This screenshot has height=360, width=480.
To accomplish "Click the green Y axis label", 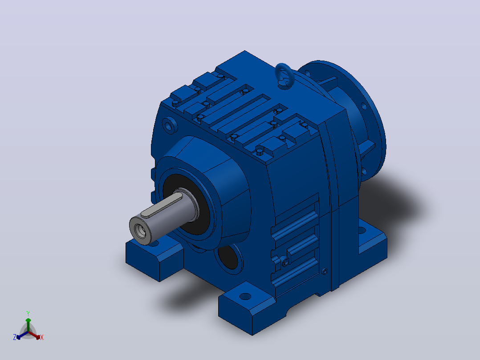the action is click(x=28, y=313).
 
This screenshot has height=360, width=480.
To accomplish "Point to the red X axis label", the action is click(x=42, y=337).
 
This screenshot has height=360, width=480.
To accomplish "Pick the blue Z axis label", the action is click(x=14, y=337).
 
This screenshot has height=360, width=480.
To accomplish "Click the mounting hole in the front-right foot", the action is click(x=245, y=296).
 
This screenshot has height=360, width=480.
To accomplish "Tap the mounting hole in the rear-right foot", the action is click(x=362, y=230).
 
